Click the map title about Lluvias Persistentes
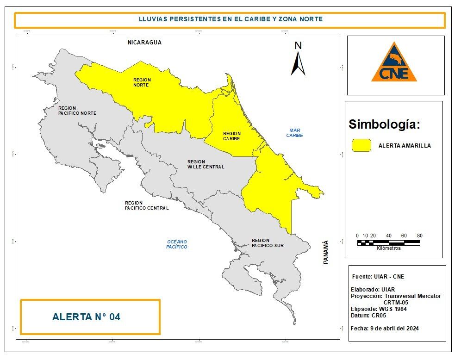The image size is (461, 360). (230, 19)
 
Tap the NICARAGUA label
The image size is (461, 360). (145, 42)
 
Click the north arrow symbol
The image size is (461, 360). (298, 60)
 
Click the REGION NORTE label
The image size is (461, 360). (142, 82)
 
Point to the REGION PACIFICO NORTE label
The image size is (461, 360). (77, 111)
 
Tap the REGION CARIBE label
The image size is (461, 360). (232, 136)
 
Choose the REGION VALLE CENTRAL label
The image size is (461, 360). (206, 164)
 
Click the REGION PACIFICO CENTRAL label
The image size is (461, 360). (147, 205)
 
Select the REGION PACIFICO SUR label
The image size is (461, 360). (268, 243)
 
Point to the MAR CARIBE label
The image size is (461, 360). (294, 133)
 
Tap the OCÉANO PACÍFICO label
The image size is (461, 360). (177, 244)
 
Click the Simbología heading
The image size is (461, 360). (384, 124)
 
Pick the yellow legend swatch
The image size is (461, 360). (361, 145)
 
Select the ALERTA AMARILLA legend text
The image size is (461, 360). (405, 145)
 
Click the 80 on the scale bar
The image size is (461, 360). (419, 236)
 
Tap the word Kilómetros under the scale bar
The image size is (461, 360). (389, 248)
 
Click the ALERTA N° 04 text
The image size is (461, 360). (86, 317)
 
